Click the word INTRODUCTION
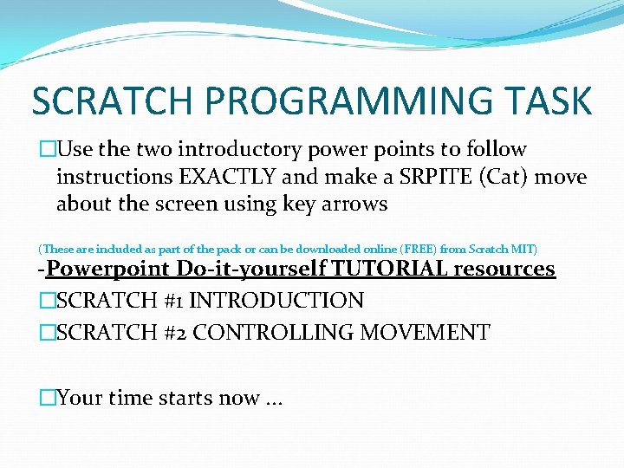pos(276,301)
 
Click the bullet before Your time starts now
pos(47,398)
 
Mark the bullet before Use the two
pos(47,149)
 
